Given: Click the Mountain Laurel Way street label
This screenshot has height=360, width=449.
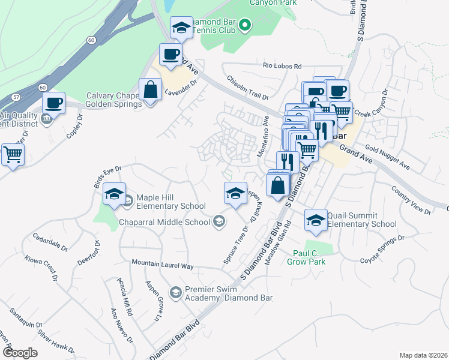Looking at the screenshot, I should pos(163,265).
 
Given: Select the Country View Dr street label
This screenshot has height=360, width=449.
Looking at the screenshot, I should pos(411,200).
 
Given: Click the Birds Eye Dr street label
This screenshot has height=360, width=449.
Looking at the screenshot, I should pos(108,178).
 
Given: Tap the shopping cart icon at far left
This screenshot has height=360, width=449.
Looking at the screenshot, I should pos(12,155).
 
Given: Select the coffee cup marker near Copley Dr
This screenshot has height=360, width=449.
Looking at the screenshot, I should pos(54,103).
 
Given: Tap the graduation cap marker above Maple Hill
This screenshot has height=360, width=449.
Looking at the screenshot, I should pos(114,194).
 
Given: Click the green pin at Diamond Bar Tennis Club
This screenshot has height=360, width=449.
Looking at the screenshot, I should pos(244,25).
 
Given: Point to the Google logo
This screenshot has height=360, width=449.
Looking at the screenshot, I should pos(19,353).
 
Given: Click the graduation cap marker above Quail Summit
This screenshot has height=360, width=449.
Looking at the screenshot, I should pos(316,220).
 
